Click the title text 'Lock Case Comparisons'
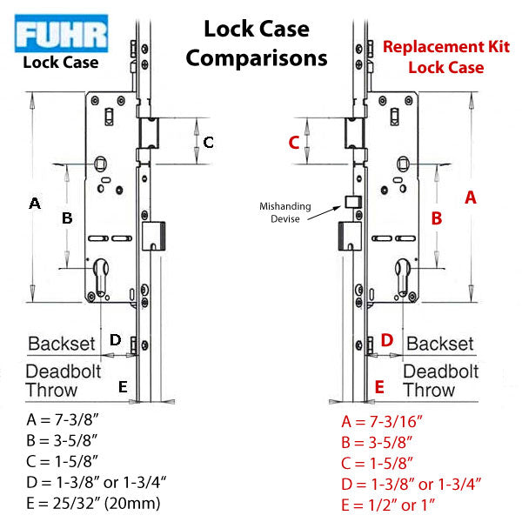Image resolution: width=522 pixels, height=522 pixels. (x=256, y=43)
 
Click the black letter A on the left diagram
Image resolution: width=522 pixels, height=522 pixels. (x=35, y=204)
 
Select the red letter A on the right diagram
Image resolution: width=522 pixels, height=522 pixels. (x=471, y=197)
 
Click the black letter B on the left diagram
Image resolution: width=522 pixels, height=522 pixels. (x=67, y=218)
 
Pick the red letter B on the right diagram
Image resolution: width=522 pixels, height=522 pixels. (x=438, y=218)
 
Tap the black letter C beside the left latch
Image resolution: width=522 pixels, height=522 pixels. (x=208, y=142)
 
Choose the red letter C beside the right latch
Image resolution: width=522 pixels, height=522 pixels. (x=294, y=142)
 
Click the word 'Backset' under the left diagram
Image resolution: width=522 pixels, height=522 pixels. (x=61, y=344)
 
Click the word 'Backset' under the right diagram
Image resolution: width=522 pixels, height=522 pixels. (x=440, y=344)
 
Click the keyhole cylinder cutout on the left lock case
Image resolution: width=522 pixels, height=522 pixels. (x=105, y=272)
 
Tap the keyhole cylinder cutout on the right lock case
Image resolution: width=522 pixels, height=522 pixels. (x=404, y=272)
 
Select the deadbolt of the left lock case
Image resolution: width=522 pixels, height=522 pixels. (x=152, y=235)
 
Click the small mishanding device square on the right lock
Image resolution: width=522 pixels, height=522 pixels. (x=352, y=202)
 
